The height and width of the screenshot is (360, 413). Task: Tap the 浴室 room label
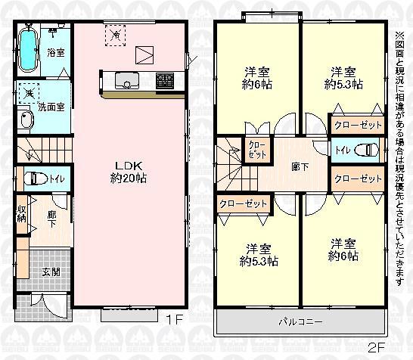coord(56,54)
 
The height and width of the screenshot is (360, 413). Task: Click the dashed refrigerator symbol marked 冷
coord(115,34)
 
